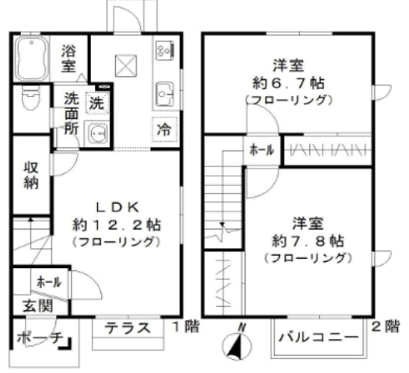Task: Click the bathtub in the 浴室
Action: coord(32,58)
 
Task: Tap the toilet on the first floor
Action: coord(31,99)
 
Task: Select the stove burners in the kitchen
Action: coord(165,50)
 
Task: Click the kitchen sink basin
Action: coord(165,94)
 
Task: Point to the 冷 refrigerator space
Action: coord(165,130)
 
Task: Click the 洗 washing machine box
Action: coord(97,103)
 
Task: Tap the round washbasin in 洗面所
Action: coord(96,134)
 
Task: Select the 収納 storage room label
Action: coord(31,175)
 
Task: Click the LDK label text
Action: coord(117,207)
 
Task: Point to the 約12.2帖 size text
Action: coord(117,225)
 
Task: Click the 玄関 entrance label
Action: coord(38,305)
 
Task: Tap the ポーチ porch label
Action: coord(40,338)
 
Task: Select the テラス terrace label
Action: coord(128,328)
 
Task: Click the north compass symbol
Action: coord(236,345)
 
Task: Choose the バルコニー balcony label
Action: coord(319,337)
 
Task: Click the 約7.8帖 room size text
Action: coord(308,241)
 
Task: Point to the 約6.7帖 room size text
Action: coord(288,84)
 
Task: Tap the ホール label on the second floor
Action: coord(262,150)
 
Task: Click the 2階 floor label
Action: coord(386,326)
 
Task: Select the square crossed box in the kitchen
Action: coord(126,66)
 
